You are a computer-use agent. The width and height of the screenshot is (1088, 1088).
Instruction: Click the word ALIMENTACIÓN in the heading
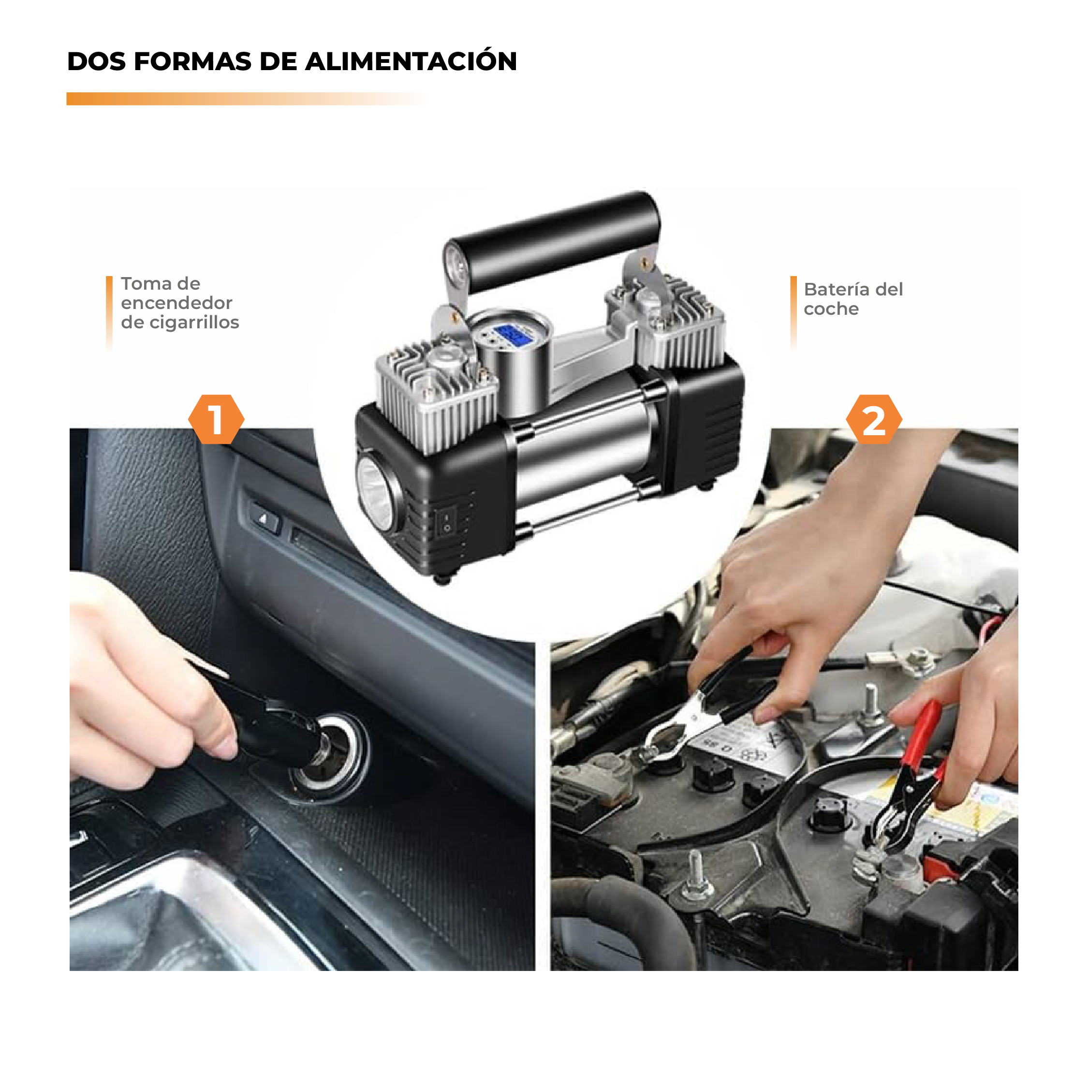click(x=411, y=61)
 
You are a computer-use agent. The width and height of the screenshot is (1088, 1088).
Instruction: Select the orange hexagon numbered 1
click(x=216, y=420)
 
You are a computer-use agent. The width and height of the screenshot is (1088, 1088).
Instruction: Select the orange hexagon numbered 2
click(x=873, y=420)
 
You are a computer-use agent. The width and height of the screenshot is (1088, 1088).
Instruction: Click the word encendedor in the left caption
click(x=176, y=303)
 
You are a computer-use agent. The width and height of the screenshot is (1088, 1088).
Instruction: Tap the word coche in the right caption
click(x=831, y=309)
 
